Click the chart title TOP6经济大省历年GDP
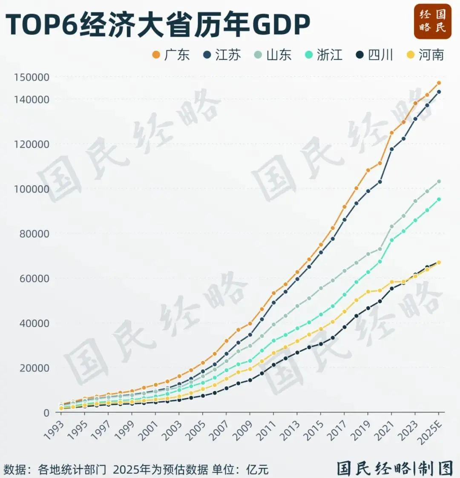(x=158, y=25)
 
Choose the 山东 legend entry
(x=273, y=55)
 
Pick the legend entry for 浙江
(x=324, y=55)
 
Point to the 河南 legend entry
(x=425, y=55)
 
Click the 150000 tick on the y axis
(x=32, y=78)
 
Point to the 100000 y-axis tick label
(x=32, y=189)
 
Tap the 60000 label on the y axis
(x=34, y=279)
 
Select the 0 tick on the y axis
(x=46, y=413)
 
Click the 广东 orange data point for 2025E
(x=439, y=83)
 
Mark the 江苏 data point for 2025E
(x=439, y=92)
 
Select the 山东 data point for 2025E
(x=439, y=181)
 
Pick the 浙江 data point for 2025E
(x=439, y=199)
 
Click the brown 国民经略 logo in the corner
(x=432, y=21)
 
